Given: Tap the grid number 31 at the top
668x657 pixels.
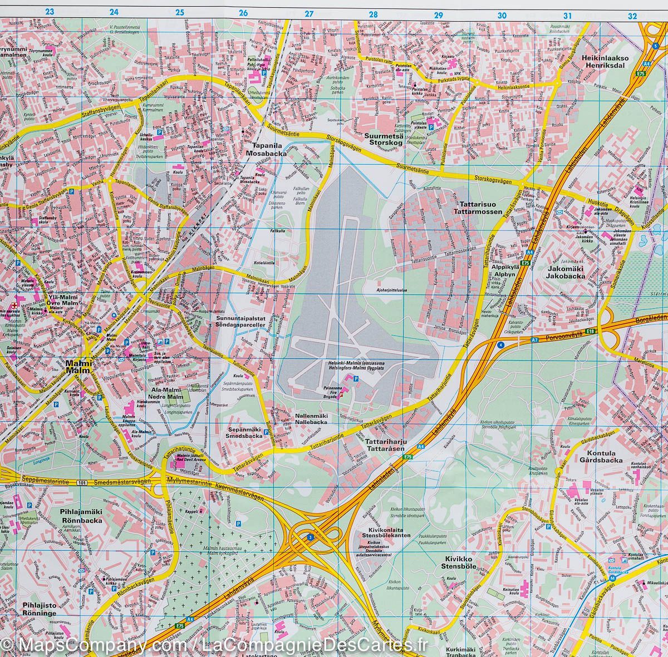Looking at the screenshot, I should [568, 16].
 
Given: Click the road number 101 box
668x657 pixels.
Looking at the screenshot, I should [83, 482].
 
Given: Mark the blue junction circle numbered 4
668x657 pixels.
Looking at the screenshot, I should [500, 345].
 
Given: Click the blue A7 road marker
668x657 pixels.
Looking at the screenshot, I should [534, 339].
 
